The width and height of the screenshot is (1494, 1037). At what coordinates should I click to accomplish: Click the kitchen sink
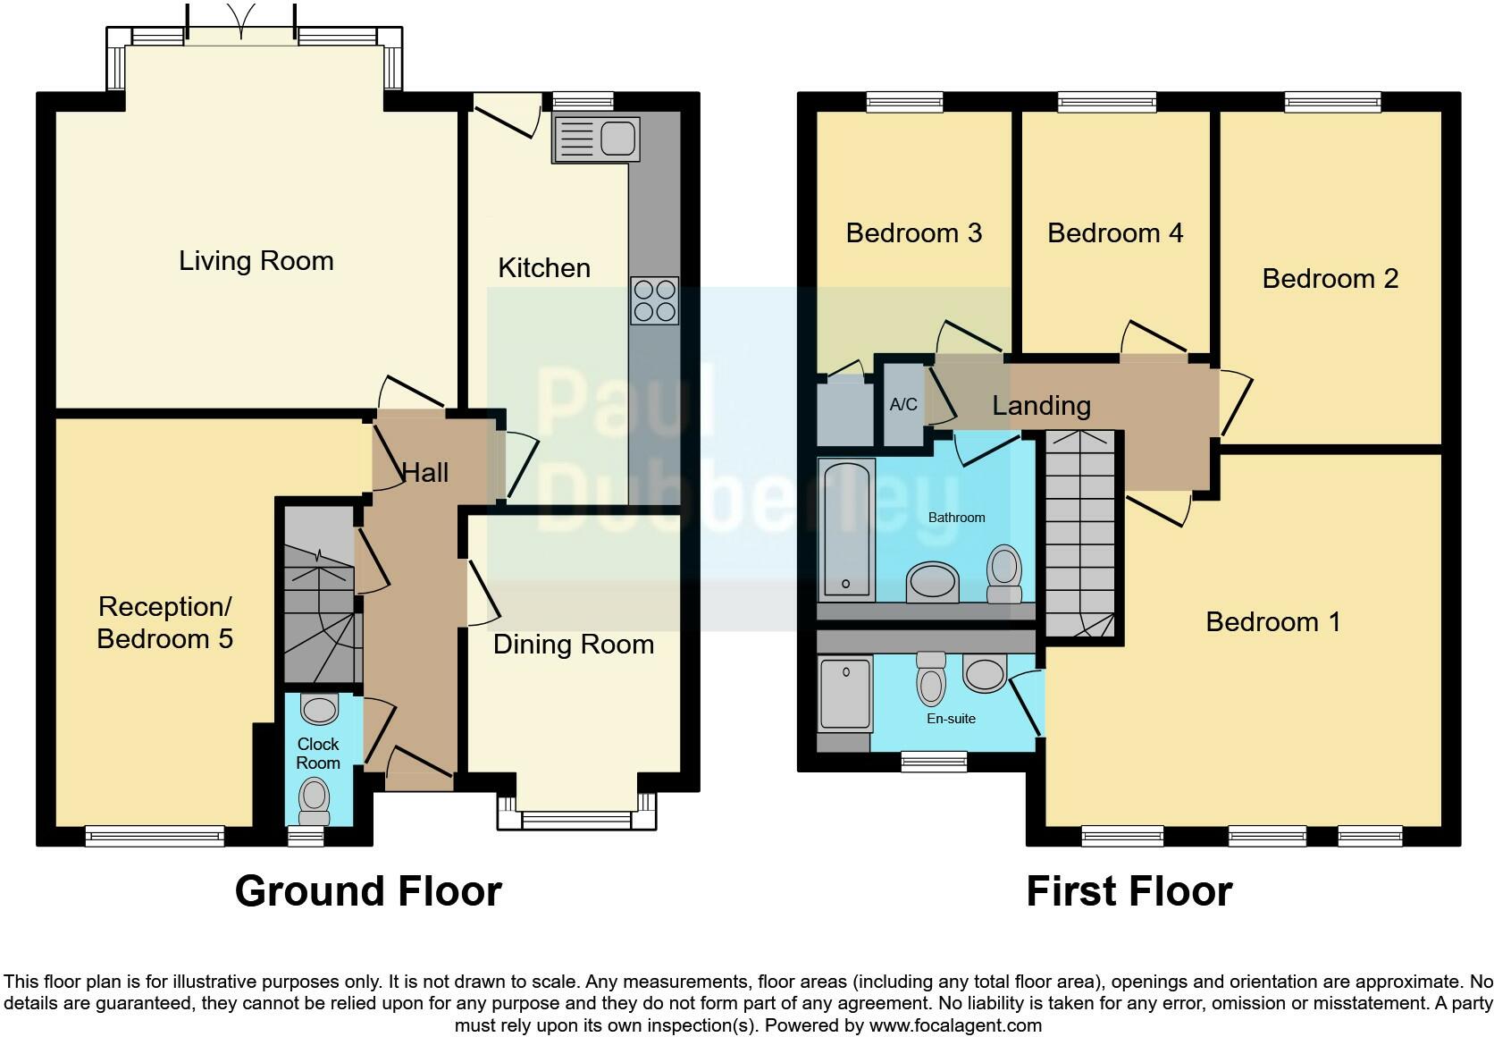coord(595,139)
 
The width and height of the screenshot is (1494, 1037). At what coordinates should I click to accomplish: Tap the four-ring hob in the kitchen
coord(654,300)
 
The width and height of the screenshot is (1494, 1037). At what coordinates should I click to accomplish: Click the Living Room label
coord(256,261)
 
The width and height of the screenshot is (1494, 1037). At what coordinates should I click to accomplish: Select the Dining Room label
coord(573,645)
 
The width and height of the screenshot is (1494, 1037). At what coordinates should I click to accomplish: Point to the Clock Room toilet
coord(314,799)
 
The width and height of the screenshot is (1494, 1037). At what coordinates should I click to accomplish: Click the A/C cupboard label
coord(903,405)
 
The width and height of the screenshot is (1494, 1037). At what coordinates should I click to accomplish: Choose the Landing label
coord(1041,406)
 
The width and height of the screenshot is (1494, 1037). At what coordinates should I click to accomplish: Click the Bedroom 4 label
coord(1114,233)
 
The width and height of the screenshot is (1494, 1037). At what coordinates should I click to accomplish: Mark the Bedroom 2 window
coord(1333,102)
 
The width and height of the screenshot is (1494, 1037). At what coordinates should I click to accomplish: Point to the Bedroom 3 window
coord(904,102)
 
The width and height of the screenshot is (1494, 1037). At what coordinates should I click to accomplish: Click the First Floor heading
coord(1129,891)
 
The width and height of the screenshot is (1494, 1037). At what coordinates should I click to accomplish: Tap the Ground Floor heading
coord(368,891)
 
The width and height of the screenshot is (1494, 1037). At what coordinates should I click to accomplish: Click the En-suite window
coord(934,761)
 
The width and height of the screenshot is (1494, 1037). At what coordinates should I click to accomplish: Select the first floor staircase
coord(1080,535)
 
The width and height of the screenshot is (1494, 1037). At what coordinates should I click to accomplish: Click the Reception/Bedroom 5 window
coord(155,835)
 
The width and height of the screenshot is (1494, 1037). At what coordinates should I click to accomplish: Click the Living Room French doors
coord(241,36)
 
